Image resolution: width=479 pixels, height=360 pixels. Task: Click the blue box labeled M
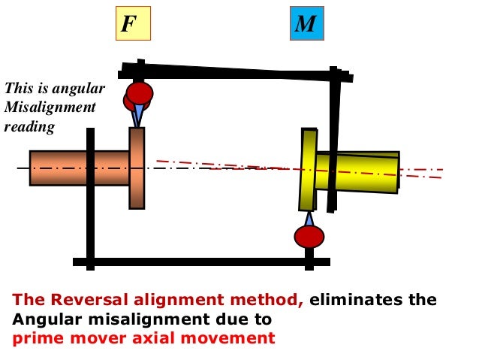click(x=306, y=24)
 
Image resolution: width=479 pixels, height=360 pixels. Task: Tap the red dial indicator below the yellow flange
click(x=309, y=236)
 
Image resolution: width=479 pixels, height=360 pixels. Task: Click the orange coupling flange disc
click(x=137, y=168)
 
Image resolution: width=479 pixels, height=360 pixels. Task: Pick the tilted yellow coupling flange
click(x=308, y=169)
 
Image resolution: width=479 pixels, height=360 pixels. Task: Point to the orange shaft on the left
click(x=79, y=168)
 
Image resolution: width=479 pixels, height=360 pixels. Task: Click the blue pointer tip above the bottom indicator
click(x=308, y=218)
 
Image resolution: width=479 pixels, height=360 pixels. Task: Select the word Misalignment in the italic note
click(x=50, y=107)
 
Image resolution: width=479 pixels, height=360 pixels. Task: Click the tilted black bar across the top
click(x=236, y=72)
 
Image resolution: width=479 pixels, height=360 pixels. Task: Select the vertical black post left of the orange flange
click(x=90, y=199)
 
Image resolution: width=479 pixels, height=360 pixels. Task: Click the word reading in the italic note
click(x=29, y=127)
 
